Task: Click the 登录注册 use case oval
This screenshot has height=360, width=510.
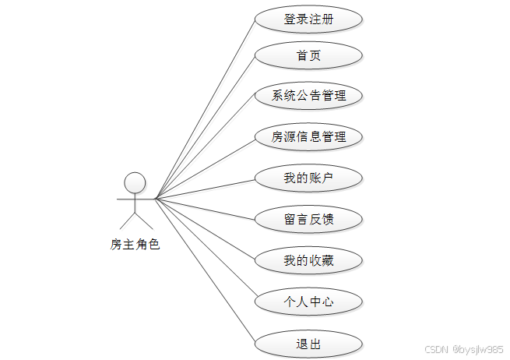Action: tap(308, 19)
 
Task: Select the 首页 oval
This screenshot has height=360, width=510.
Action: tap(308, 56)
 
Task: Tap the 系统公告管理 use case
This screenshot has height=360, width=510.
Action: tap(308, 97)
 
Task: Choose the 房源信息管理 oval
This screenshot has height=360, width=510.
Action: tap(308, 138)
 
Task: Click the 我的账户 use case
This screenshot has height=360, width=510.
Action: tap(308, 178)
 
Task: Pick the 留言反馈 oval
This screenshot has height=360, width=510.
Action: tap(308, 219)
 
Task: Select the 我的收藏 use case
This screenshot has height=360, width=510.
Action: tap(308, 260)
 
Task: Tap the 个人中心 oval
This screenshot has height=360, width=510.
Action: tap(308, 301)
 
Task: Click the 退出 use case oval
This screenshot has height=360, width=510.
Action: tap(308, 344)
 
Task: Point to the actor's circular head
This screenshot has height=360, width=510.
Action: tap(135, 182)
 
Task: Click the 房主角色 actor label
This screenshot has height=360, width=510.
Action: tap(135, 245)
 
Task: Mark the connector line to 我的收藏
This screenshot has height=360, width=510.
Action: tap(206, 230)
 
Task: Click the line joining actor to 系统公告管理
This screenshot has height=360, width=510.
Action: tap(206, 146)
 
